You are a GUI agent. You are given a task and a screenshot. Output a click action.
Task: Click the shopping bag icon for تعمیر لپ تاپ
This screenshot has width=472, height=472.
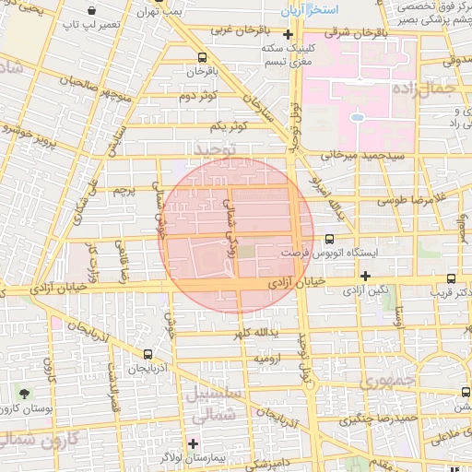coord(91,10)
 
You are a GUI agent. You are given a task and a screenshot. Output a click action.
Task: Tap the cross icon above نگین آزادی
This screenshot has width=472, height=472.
coord(366,275)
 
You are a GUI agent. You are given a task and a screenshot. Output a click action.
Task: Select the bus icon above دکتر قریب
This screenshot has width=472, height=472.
coord(450,278)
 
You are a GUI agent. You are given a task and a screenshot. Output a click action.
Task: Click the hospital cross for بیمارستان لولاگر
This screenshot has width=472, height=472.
coord(194,442)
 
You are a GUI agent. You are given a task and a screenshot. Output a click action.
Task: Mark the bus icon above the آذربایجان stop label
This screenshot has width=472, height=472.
coord(149,354)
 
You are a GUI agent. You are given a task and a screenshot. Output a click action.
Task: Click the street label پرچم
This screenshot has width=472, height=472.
coord(124,190)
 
